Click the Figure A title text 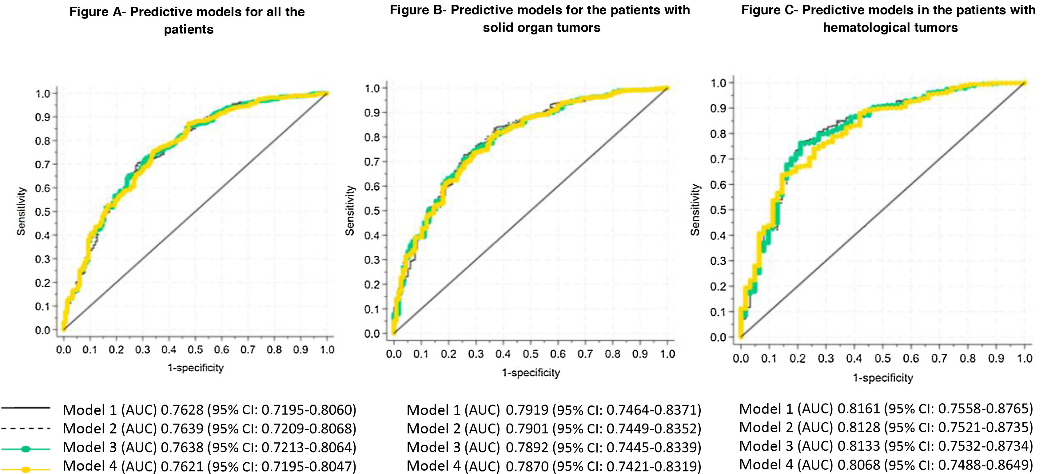coord(187,20)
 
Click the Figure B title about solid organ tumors coord(540,18)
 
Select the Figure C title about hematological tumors coord(889,18)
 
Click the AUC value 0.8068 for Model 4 coord(859,464)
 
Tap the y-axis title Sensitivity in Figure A coord(21,211)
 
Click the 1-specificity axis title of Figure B coord(530,373)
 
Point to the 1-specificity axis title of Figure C coord(883,378)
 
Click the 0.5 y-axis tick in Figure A coord(42,212)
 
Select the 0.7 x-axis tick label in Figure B coord(585,354)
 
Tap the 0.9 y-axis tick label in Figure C coord(718,109)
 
